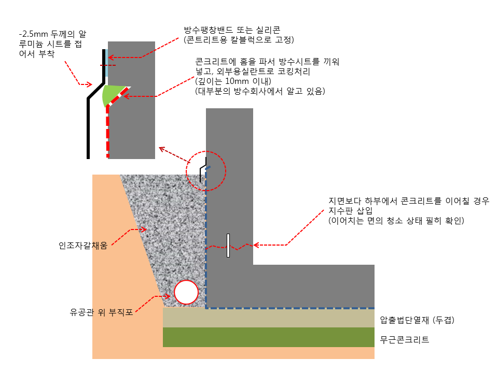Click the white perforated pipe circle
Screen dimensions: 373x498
186,292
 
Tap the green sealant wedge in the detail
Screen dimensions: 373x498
112,94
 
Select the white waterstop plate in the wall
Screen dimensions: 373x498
228,246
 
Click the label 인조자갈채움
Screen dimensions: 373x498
83,246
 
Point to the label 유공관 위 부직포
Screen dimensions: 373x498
102,312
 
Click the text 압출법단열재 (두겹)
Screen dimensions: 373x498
417,320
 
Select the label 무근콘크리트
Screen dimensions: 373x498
405,340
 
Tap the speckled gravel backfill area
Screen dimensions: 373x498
171,233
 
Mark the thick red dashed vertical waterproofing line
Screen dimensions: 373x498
107,135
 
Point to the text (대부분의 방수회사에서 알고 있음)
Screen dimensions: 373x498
260,92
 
